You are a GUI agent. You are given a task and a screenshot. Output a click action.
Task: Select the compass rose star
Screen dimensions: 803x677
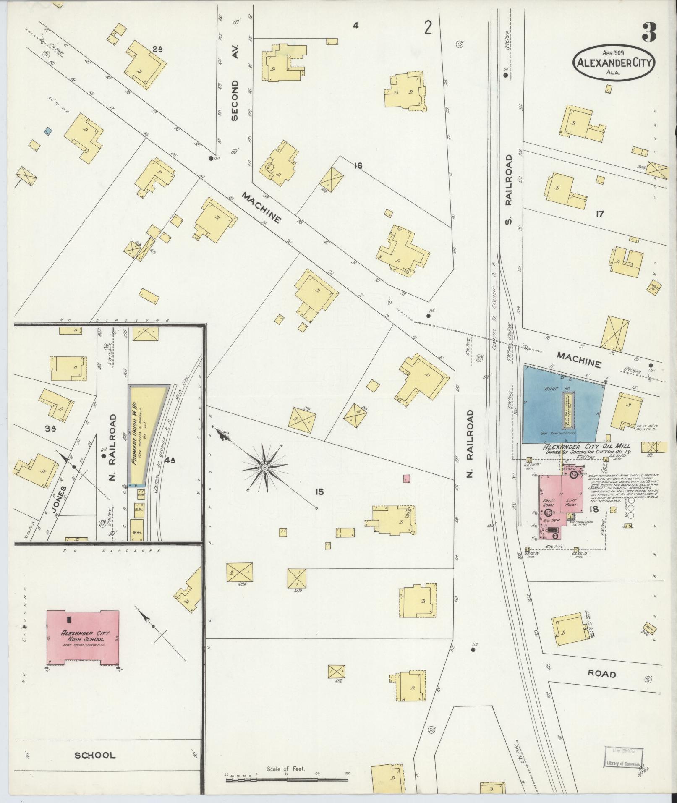(265, 467)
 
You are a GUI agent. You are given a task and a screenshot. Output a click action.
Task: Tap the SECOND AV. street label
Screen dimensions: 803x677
(234, 100)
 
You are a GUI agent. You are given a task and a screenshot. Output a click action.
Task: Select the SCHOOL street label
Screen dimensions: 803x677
(95, 756)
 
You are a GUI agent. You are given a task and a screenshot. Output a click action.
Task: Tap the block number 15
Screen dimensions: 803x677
(320, 491)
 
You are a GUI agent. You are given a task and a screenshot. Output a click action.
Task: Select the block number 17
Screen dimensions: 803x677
(599, 214)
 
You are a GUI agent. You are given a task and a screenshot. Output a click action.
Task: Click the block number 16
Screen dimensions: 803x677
(358, 166)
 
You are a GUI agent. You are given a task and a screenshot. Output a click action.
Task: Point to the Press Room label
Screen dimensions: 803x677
(549, 503)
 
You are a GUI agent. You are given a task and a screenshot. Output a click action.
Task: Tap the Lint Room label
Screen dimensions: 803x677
(571, 503)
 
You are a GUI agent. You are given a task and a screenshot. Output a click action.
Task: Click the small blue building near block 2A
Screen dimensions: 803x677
(48, 132)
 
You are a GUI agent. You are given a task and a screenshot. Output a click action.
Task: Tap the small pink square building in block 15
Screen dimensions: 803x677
(406, 478)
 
